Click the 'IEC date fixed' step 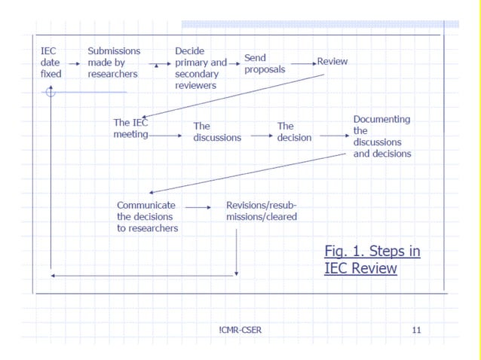pyautogui.click(x=51, y=63)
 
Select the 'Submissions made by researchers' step pyautogui.click(x=113, y=63)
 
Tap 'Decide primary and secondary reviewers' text pyautogui.click(x=200, y=69)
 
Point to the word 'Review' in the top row pyautogui.click(x=332, y=61)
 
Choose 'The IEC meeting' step pyautogui.click(x=131, y=128)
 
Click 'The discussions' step pyautogui.click(x=217, y=132)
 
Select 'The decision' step pyautogui.click(x=294, y=132)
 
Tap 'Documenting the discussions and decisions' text pyautogui.click(x=382, y=136)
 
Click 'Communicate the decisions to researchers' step pyautogui.click(x=148, y=216)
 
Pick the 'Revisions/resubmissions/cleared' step pyautogui.click(x=262, y=211)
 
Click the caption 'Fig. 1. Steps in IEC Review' pyautogui.click(x=372, y=259)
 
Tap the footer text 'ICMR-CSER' pyautogui.click(x=240, y=330)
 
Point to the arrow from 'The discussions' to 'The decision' pyautogui.click(x=261, y=136)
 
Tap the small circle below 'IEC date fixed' pyautogui.click(x=51, y=92)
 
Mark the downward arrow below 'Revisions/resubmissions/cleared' pyautogui.click(x=237, y=252)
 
